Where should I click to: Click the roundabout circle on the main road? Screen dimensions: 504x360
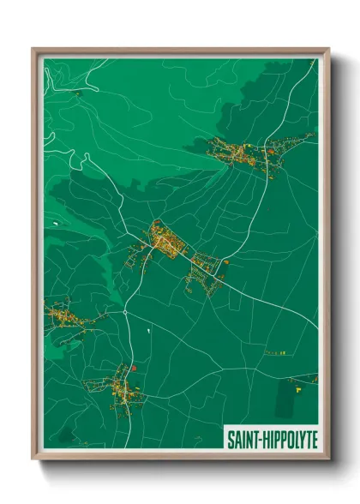pos(126,313)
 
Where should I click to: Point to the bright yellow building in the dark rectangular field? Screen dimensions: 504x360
pos(298,388)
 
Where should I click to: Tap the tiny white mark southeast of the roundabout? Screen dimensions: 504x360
pos(148,328)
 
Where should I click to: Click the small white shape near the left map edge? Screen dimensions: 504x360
pos(55,223)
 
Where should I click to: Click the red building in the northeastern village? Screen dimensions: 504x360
pos(269,152)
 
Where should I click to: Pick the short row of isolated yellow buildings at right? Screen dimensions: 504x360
pos(275,351)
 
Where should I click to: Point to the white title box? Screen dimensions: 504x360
pos(270,439)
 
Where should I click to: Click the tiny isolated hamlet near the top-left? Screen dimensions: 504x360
pos(76,93)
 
